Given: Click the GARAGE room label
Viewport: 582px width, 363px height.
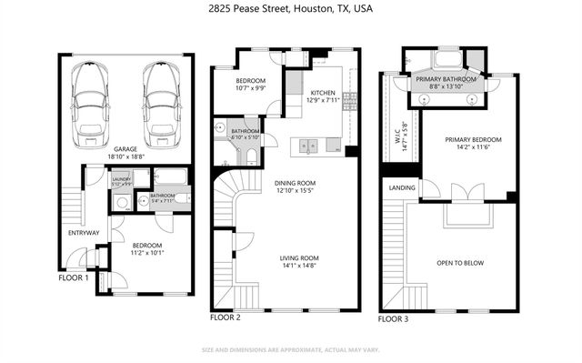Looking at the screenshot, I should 125,151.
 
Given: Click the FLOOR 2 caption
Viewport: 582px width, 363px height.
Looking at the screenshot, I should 226,318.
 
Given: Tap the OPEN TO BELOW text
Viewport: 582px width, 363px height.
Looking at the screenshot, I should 460,263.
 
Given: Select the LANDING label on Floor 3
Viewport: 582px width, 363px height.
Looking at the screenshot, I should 402,188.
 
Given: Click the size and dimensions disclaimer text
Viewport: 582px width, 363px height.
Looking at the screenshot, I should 290,349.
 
